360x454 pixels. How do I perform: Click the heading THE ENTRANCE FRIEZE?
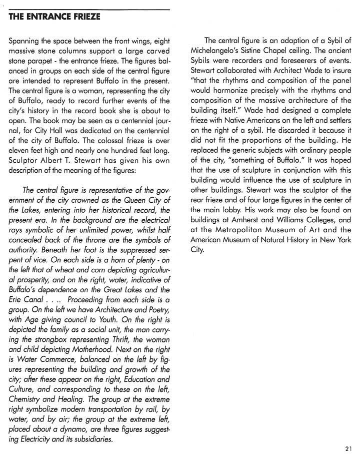[54, 17]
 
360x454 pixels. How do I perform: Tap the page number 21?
[348, 448]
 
